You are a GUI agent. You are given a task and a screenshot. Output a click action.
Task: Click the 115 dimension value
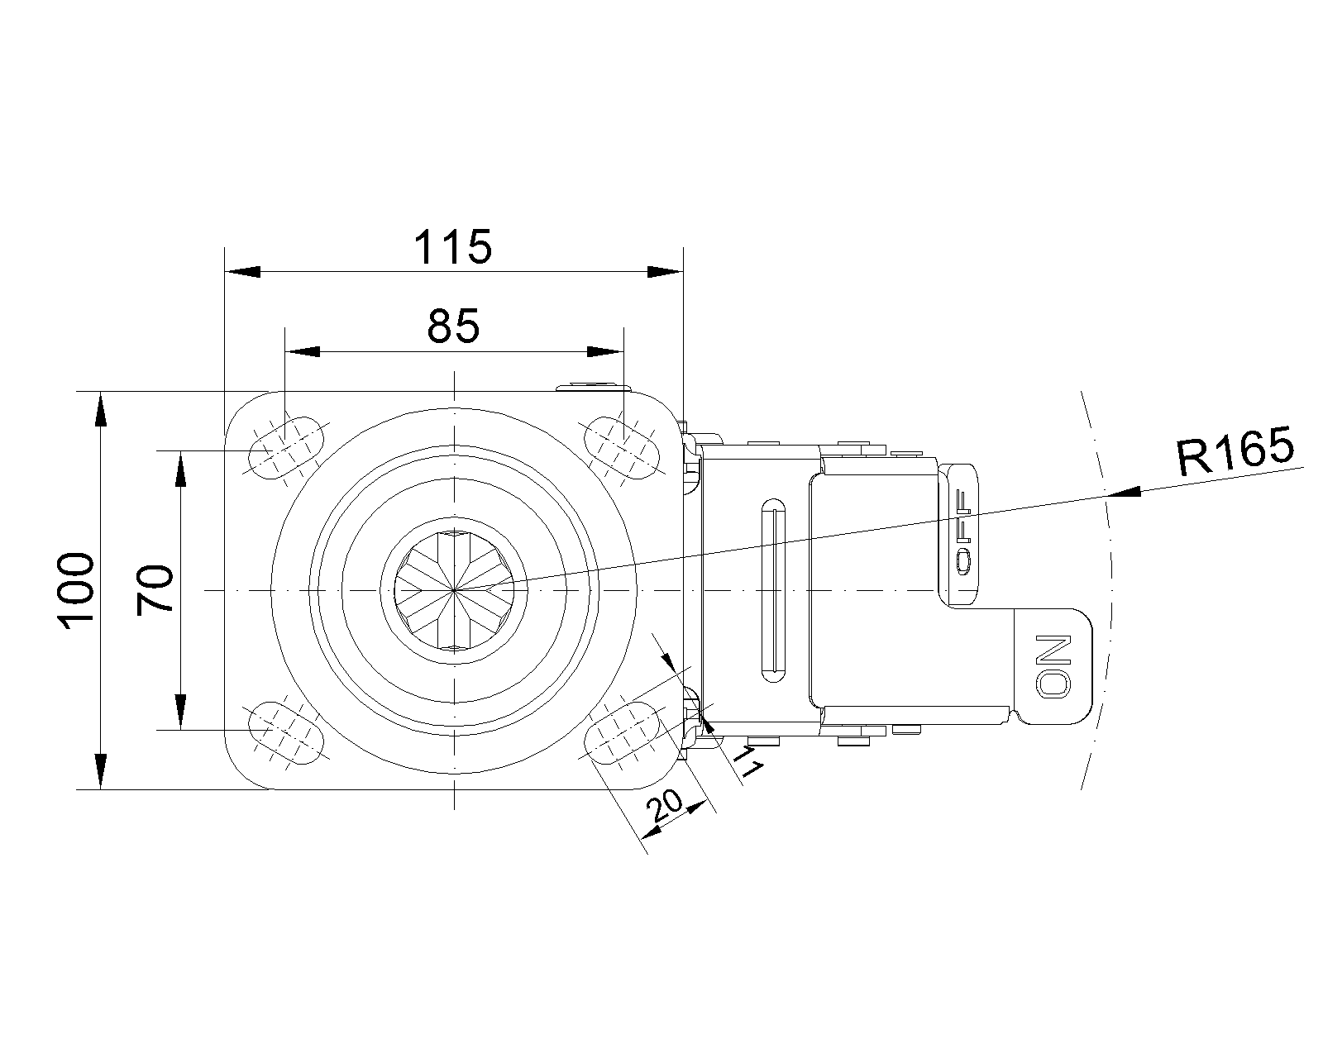tap(452, 247)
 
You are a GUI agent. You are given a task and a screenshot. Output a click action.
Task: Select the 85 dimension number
tap(453, 326)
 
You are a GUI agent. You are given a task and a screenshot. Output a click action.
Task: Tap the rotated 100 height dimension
tap(75, 590)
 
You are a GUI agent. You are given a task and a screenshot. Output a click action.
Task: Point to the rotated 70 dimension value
tap(155, 590)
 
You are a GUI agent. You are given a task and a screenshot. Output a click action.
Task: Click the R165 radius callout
tap(1235, 451)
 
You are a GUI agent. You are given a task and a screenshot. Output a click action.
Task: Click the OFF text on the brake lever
tap(963, 532)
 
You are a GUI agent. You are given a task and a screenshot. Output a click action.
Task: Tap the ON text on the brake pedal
tap(1053, 666)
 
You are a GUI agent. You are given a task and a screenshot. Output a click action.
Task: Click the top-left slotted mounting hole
tap(286, 447)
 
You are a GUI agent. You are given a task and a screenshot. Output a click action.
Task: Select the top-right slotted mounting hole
tap(621, 447)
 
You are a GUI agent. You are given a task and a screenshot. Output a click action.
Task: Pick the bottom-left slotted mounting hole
tap(286, 733)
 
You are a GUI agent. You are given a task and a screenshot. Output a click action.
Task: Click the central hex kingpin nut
tap(454, 590)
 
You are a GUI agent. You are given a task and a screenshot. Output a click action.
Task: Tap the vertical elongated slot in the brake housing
tap(773, 590)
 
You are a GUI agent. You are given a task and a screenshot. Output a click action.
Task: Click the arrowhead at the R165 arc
tap(1124, 491)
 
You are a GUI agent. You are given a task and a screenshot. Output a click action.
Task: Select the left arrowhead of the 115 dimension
tap(242, 272)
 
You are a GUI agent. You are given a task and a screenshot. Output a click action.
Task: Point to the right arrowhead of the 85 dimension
tap(605, 351)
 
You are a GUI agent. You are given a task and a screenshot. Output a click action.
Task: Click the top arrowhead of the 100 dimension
tap(100, 408)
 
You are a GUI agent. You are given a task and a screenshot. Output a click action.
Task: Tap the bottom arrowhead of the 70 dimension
tap(180, 712)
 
